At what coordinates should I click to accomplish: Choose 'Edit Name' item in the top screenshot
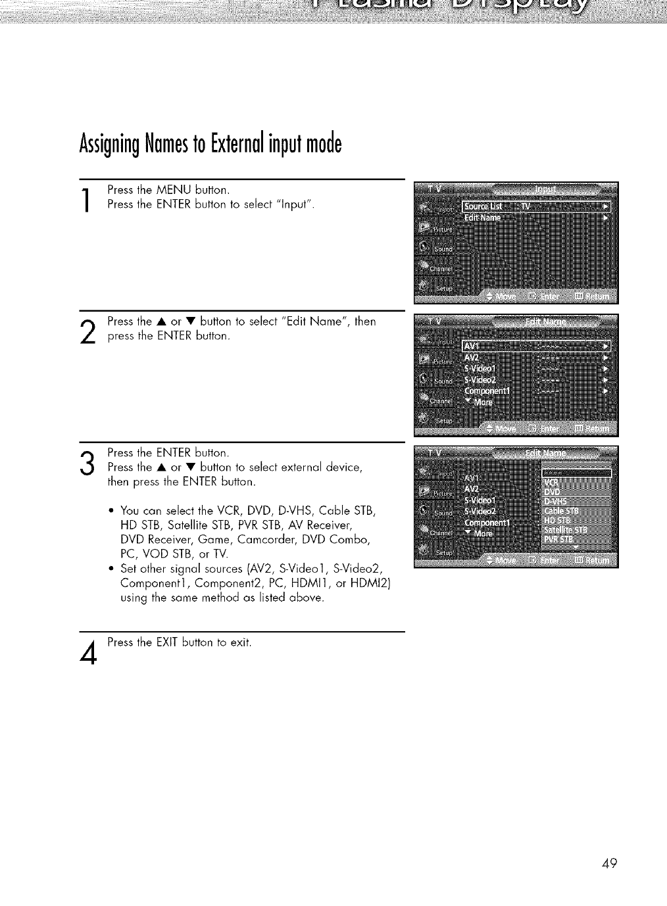click(483, 218)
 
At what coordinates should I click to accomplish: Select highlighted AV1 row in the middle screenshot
click(536, 346)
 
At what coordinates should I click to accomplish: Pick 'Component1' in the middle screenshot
click(491, 392)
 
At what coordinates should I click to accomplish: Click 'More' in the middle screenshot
click(482, 402)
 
